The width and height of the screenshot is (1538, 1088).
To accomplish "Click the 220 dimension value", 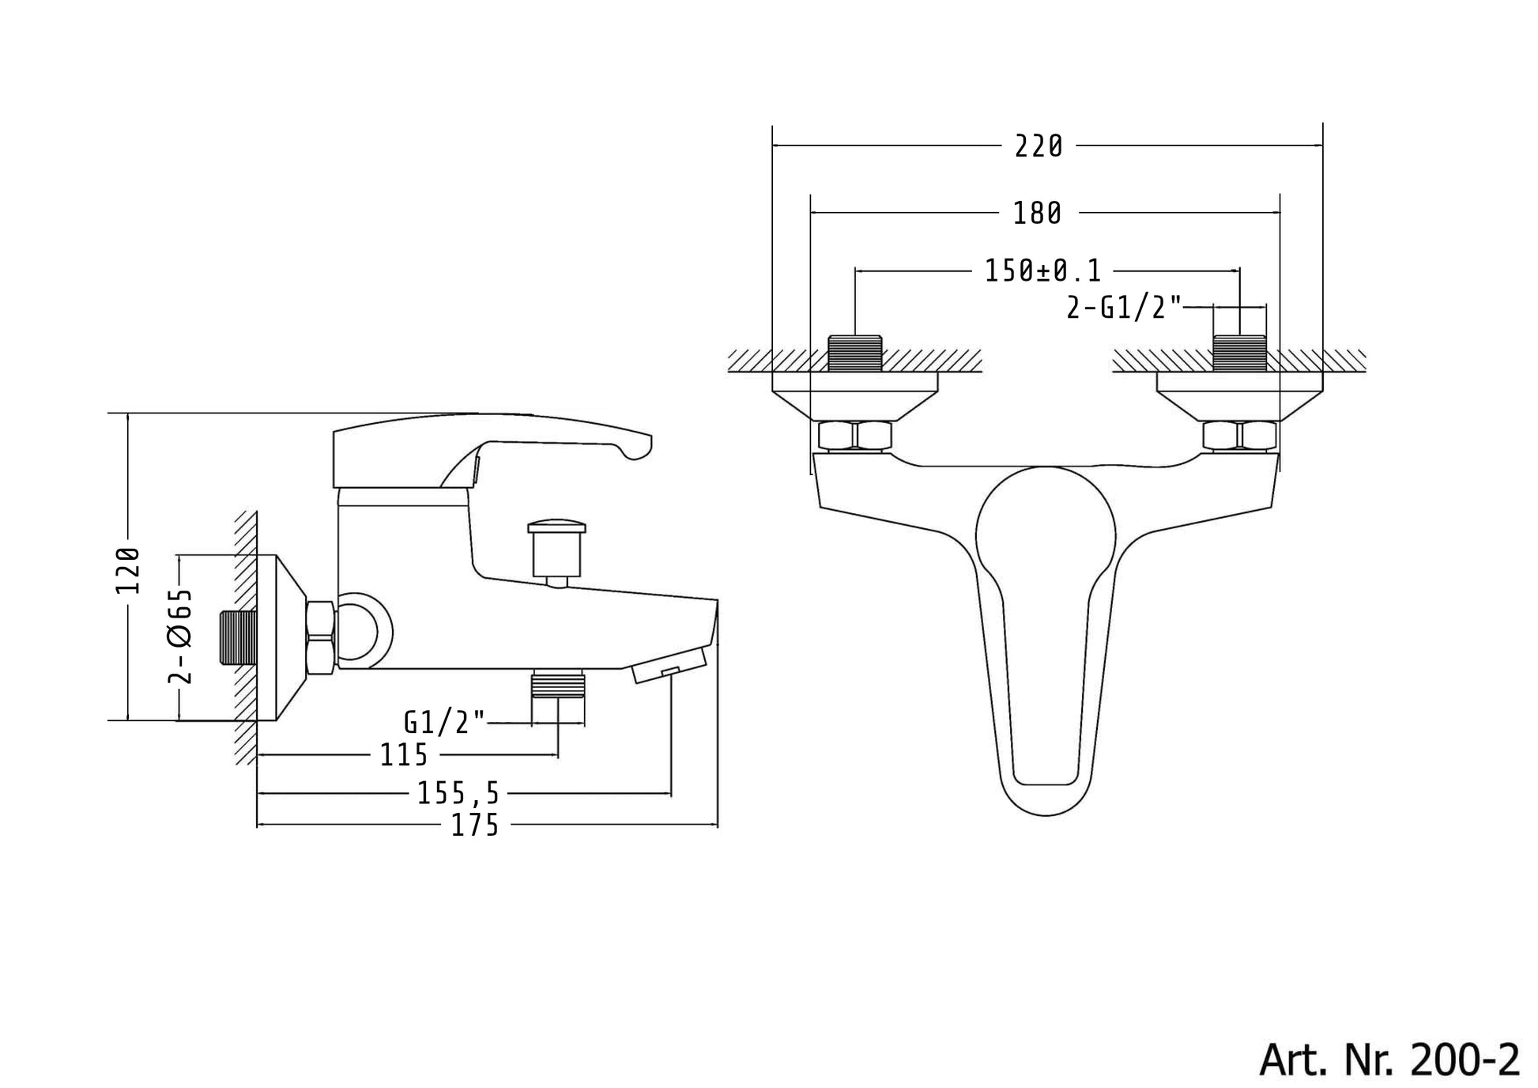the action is coord(1039,146).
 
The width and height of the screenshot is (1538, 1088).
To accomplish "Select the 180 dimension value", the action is coord(1038,213).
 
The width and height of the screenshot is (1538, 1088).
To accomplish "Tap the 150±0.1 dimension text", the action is coord(1042,271).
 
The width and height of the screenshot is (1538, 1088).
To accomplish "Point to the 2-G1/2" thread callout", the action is coord(1124,307).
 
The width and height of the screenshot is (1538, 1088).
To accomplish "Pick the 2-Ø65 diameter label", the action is coord(181,635).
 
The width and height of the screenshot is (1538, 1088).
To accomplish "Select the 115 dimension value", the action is coord(404,755).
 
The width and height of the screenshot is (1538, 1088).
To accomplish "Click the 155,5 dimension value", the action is coord(459,793).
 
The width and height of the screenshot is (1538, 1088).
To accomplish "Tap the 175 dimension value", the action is coord(475,825).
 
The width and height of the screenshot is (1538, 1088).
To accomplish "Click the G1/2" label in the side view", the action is coord(444,722).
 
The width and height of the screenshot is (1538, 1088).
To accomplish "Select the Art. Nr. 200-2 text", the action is coord(1389,1059).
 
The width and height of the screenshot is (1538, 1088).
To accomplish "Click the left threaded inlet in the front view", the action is coord(855,353).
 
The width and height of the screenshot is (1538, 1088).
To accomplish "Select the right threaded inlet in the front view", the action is coord(1239,353).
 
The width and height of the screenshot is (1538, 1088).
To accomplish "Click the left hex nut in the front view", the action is coord(855,436).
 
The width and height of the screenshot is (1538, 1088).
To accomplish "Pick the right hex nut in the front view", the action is coord(1239,436).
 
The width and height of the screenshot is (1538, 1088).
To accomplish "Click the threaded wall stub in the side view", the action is coord(237,637).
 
